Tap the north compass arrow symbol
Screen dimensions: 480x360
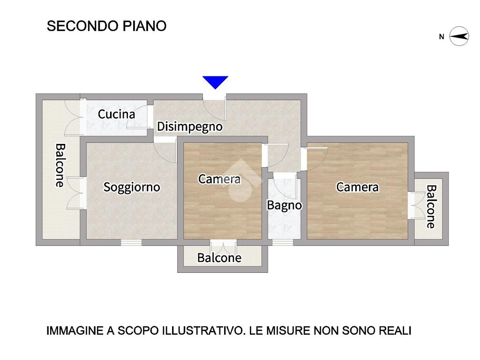[x=459, y=37]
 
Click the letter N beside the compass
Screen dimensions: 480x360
[x=442, y=37]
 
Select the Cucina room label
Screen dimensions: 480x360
[x=116, y=114]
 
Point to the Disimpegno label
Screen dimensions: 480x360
[x=189, y=127]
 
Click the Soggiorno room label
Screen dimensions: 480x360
[x=132, y=187]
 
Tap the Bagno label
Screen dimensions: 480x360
[x=285, y=205]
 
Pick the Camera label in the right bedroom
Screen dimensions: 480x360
[x=357, y=187]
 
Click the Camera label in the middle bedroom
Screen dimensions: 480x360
[x=219, y=179]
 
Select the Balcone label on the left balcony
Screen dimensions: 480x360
[x=60, y=165]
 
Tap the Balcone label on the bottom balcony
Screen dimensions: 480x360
[x=219, y=258]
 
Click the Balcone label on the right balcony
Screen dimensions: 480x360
[x=431, y=206]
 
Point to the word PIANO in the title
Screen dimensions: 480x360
[x=144, y=26]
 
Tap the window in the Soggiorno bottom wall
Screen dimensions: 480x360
[x=131, y=242]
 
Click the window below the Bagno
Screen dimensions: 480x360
[x=283, y=242]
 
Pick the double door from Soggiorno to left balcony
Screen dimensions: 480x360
[x=76, y=193]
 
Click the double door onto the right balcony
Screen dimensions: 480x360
[x=416, y=205]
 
